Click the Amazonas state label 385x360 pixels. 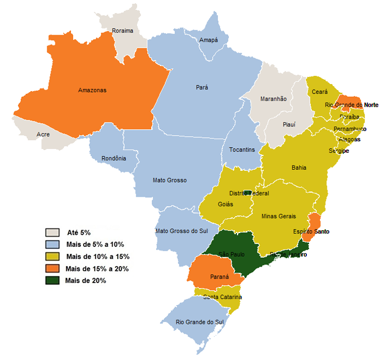tap(92, 90)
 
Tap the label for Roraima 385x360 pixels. tap(122, 31)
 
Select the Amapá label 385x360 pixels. tap(208, 40)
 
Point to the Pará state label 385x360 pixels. tap(202, 87)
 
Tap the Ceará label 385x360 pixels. tap(320, 92)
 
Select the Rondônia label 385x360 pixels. tap(114, 159)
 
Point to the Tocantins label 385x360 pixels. tap(242, 149)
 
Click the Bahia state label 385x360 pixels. tap(299, 168)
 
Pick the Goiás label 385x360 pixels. tap(226, 204)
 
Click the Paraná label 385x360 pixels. tap(219, 277)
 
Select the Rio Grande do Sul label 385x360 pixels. tap(200, 322)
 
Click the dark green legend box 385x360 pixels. tap(53, 280)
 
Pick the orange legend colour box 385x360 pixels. tap(53, 268)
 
